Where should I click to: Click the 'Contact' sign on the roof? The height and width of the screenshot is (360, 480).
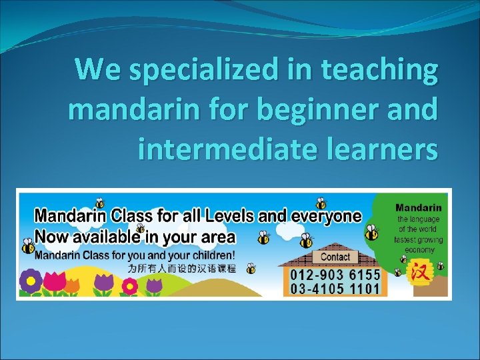coord(335,257)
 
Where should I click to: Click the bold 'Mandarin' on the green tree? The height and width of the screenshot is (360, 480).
coord(419,208)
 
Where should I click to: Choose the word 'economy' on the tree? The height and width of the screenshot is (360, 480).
coord(419,250)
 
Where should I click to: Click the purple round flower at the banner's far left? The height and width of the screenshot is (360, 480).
coord(30,281)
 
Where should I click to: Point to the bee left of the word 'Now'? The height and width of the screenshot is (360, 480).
coord(27,246)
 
